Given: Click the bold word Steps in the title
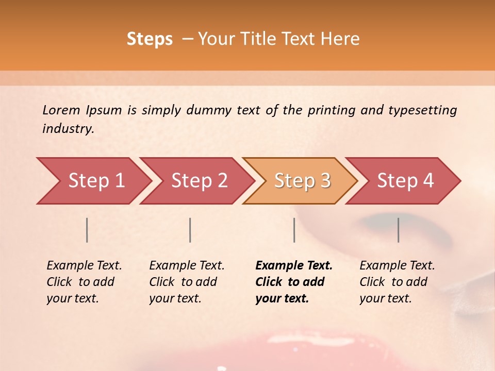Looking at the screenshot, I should coord(150,39).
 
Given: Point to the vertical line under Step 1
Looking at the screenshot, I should coord(87,230).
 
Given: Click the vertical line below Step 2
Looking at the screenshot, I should coord(190,230).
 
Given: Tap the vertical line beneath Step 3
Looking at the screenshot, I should coord(294,230).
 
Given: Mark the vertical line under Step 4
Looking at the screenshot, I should coord(398,230).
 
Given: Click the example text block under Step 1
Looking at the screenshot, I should coord(84,282).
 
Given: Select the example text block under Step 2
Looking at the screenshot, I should coord(187,282).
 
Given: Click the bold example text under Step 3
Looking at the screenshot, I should coord(294,282).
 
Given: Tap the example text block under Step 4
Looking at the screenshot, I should coord(397,282).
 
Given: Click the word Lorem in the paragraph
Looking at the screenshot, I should coord(61,110).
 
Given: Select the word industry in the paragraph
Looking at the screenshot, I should coord(68,129).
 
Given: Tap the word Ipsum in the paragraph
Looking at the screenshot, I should coord(104,110).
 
